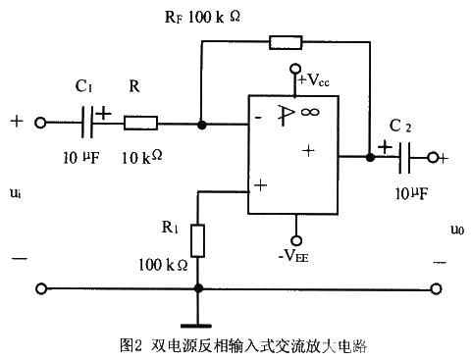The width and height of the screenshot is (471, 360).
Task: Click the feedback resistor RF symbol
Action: point(285,42)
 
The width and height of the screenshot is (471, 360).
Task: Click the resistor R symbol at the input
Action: point(141,125)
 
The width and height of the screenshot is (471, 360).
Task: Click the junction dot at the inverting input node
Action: point(200,125)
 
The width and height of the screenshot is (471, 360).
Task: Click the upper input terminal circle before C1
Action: point(41,125)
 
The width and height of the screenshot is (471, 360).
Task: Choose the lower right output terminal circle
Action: point(434,289)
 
